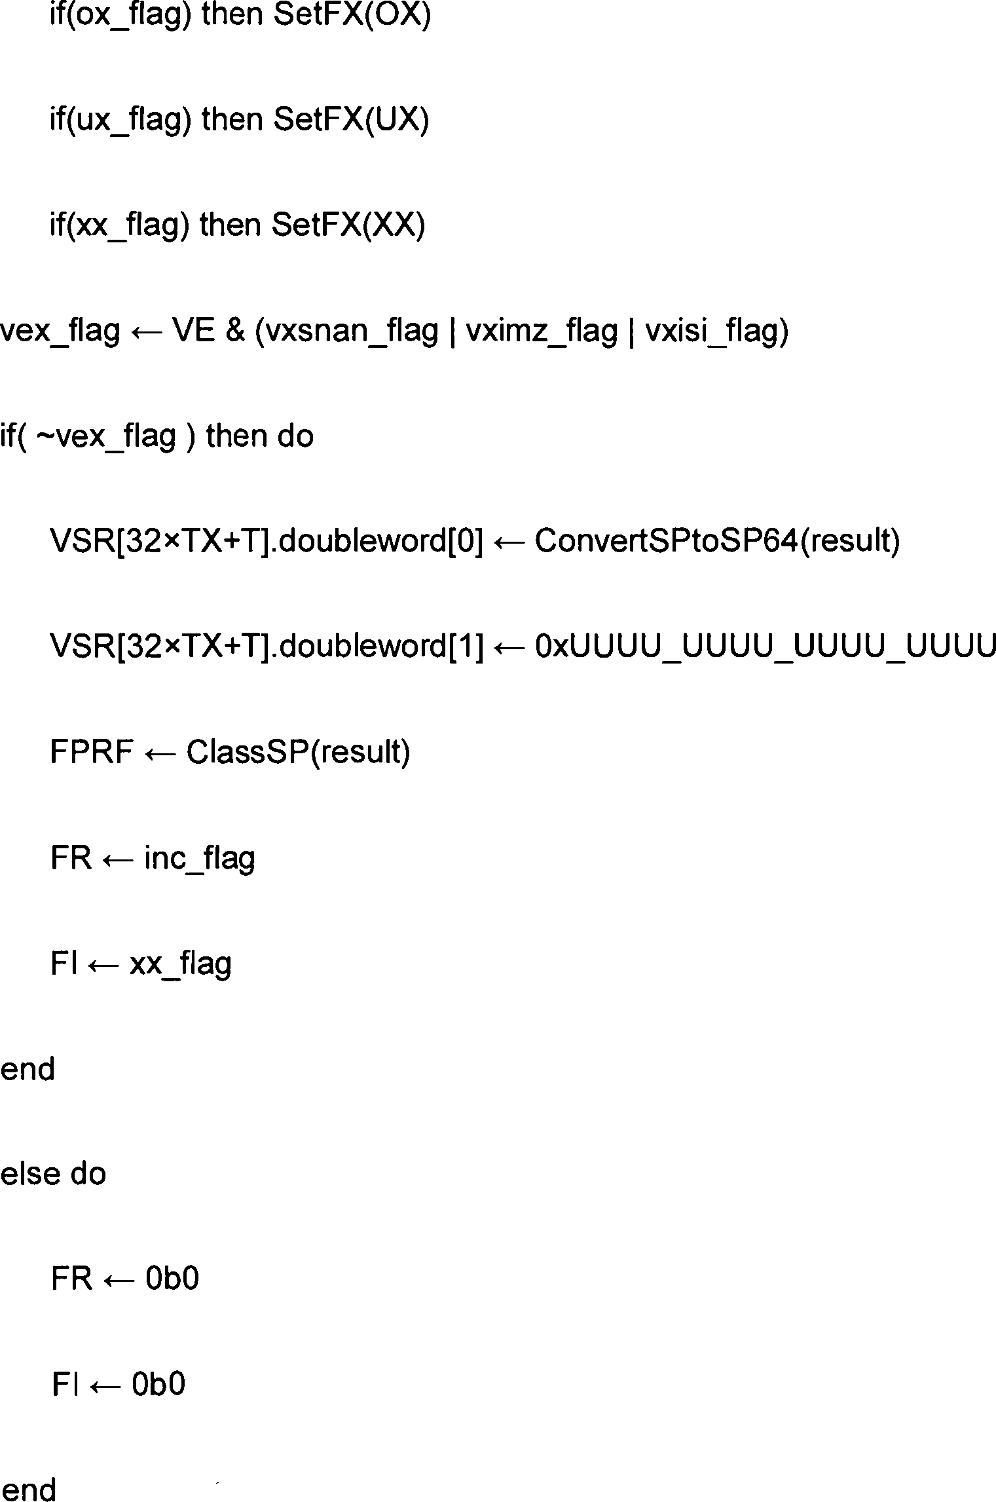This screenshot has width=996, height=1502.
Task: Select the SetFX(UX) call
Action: (351, 121)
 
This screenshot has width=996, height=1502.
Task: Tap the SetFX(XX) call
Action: (348, 226)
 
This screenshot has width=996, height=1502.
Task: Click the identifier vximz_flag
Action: (541, 331)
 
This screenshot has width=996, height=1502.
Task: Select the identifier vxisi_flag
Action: (716, 331)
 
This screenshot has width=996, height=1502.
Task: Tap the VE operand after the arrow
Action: (193, 331)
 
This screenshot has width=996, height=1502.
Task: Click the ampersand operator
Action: (234, 331)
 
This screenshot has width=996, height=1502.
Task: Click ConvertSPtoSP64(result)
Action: (717, 542)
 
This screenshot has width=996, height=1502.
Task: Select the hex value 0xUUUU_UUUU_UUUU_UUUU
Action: (765, 647)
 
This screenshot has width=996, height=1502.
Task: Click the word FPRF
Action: (91, 753)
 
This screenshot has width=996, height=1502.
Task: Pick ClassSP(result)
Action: (298, 753)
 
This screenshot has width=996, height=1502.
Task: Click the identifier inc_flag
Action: (199, 858)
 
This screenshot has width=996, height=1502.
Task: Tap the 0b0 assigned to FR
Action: (172, 1279)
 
